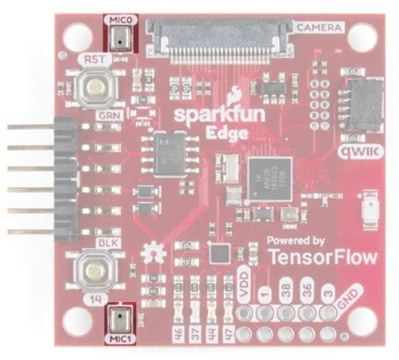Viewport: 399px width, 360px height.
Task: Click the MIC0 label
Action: click(x=118, y=19)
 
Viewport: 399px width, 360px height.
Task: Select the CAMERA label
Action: click(x=319, y=29)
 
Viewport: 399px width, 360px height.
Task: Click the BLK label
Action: click(x=107, y=241)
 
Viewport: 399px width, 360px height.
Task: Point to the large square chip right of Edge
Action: click(x=264, y=177)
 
